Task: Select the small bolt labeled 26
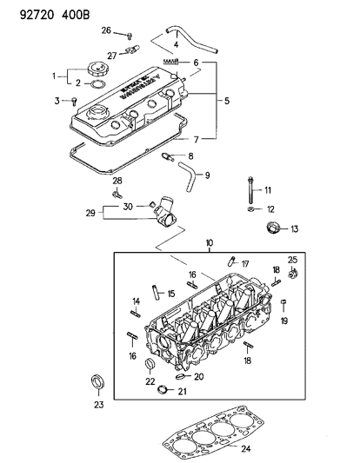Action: click(130, 35)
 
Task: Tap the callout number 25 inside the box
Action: click(292, 261)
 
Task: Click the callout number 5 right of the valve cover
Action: click(228, 101)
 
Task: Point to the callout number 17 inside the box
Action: click(245, 264)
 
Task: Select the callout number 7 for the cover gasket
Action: click(196, 139)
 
